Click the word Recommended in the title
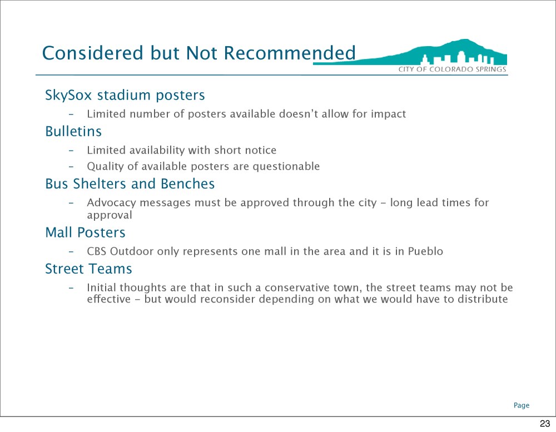[289, 53]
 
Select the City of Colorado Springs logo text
[452, 69]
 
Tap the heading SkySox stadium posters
[125, 95]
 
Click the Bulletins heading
[73, 131]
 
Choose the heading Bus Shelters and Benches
[130, 183]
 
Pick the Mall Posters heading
[85, 232]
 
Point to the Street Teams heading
[88, 269]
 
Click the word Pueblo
[425, 251]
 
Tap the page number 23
[545, 423]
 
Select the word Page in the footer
[522, 405]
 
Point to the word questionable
[286, 166]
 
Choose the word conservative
[297, 287]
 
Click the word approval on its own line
[109, 215]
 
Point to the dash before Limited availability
[71, 150]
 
